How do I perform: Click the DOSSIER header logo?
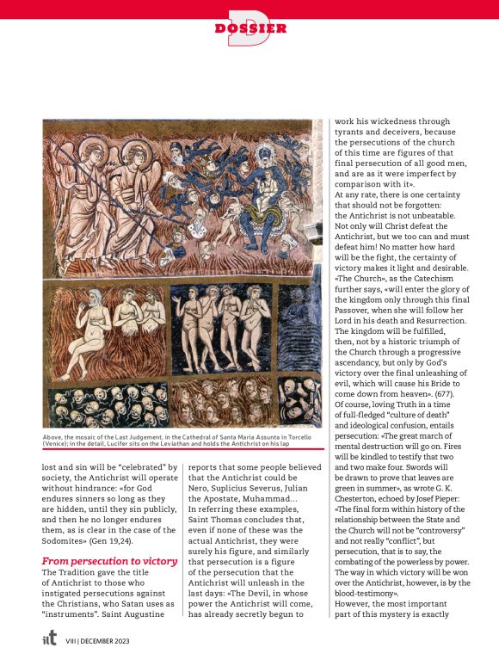[250, 28]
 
